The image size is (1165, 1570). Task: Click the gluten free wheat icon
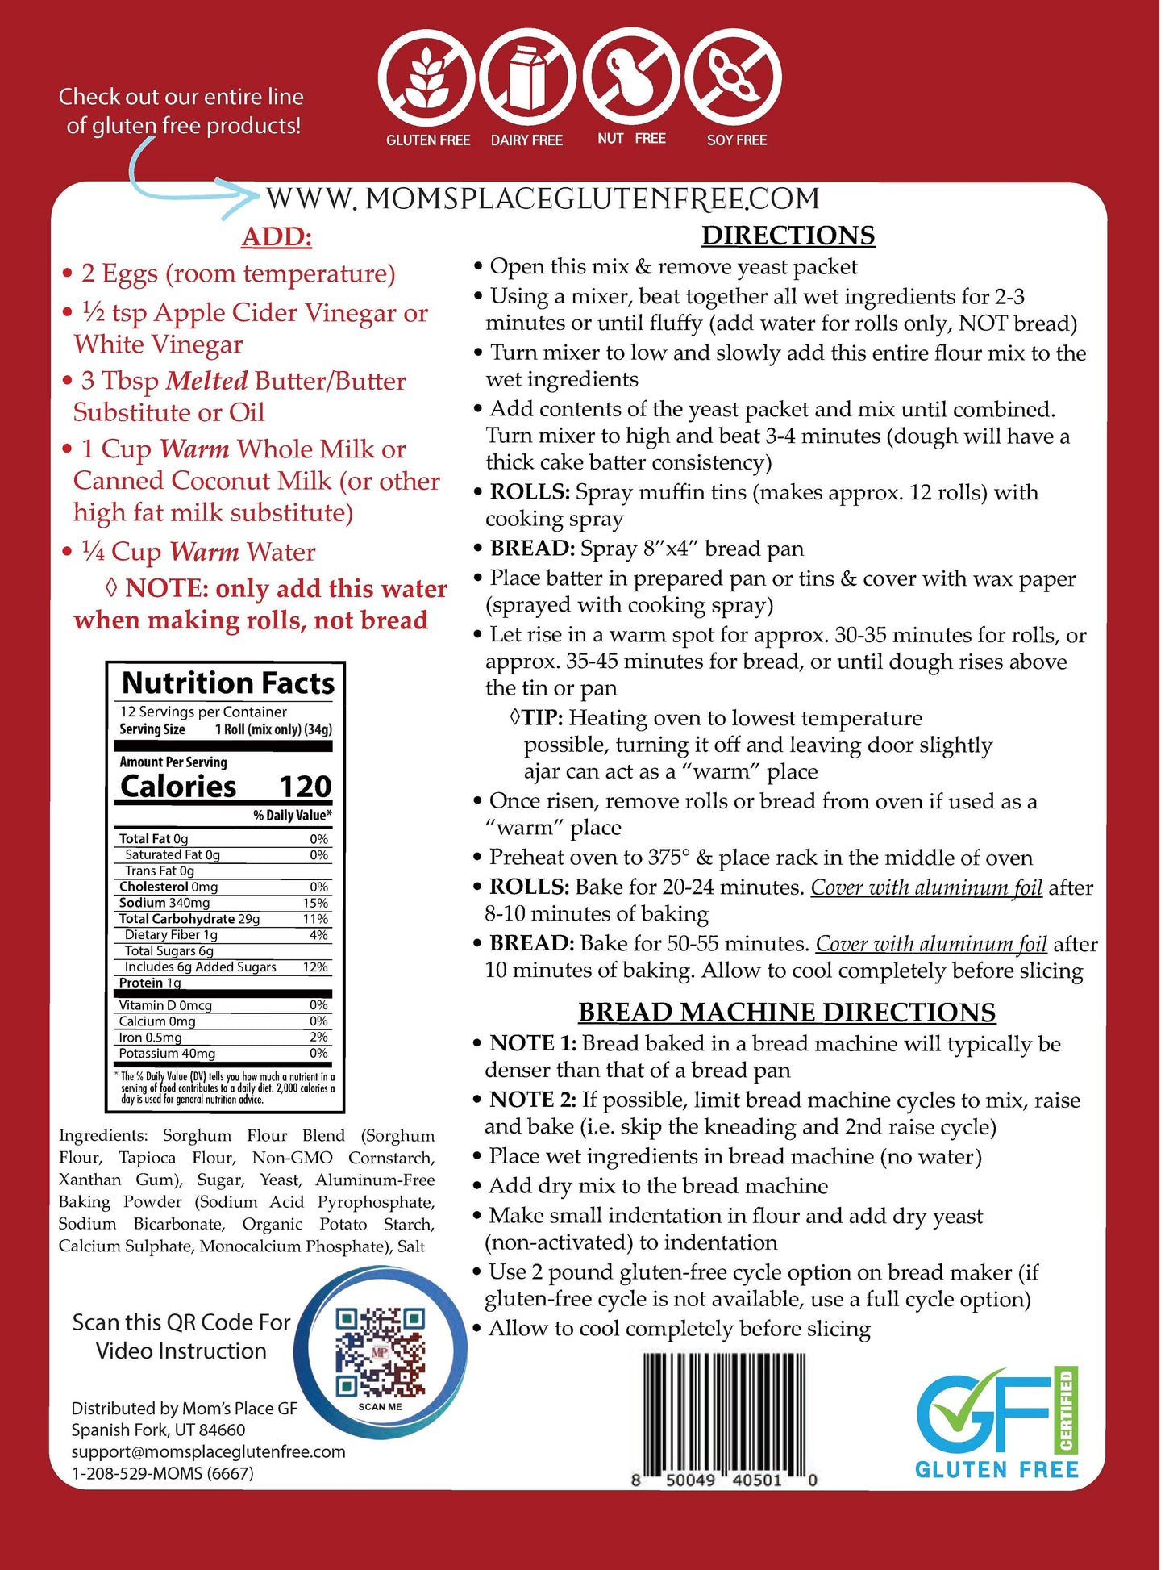click(x=426, y=79)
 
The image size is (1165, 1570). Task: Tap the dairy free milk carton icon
click(x=527, y=79)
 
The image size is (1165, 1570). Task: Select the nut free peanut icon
click(x=631, y=79)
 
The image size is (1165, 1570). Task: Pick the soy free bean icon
click(x=733, y=79)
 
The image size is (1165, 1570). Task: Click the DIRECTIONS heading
click(x=788, y=235)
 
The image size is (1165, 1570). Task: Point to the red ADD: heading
click(x=277, y=236)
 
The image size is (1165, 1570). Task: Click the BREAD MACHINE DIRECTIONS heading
click(x=786, y=1012)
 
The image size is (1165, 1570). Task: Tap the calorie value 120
click(x=305, y=787)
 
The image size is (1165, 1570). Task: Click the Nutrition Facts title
click(x=228, y=683)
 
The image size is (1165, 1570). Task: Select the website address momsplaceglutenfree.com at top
click(x=543, y=199)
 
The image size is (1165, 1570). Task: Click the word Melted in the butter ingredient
click(x=207, y=381)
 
